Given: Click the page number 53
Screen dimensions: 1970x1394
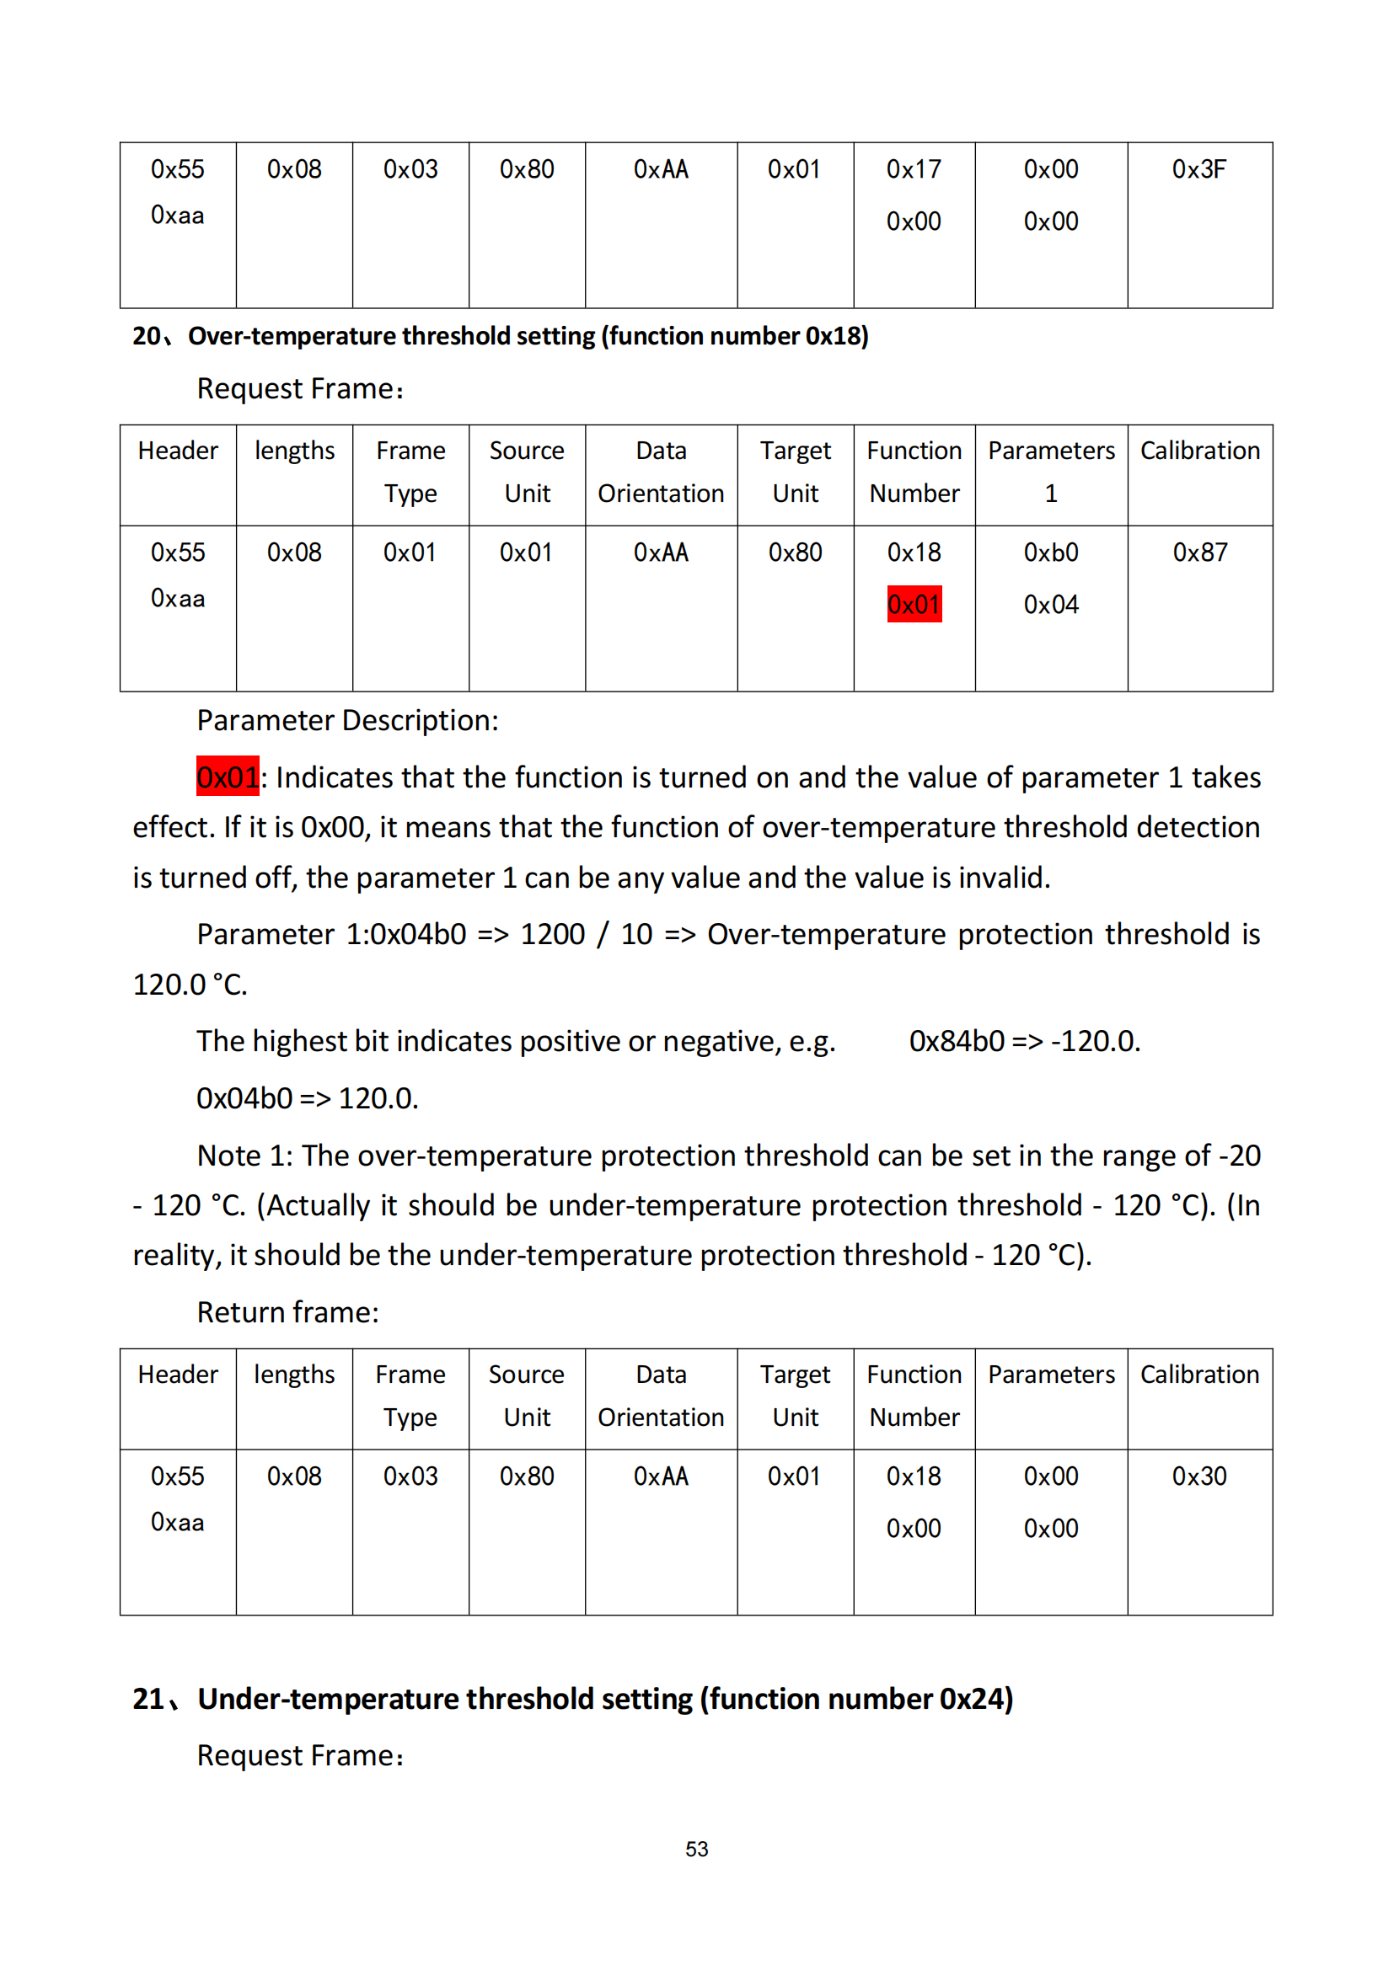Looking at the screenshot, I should point(696,1849).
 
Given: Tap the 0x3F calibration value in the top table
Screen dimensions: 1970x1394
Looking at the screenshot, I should point(1198,169).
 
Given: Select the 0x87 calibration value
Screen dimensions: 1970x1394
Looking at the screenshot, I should point(1199,552).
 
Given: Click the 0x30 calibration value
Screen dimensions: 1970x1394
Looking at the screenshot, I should point(1198,1476).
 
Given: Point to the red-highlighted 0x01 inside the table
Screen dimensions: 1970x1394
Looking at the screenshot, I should point(914,604).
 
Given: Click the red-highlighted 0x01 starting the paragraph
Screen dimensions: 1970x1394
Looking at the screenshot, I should point(227,777).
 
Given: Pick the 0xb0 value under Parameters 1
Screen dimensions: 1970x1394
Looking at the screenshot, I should point(1050,552).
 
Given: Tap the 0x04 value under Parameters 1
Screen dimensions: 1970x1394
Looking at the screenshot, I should point(1050,604).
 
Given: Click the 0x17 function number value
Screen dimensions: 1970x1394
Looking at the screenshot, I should point(914,169).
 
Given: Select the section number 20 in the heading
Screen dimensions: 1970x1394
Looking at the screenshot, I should point(147,335).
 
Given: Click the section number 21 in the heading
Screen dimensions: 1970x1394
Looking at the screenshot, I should point(148,1699).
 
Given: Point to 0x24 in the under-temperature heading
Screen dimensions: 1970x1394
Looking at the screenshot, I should point(972,1699).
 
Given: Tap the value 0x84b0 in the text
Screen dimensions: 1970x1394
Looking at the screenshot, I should point(956,1041).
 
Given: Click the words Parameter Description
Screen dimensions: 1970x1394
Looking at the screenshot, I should point(346,720).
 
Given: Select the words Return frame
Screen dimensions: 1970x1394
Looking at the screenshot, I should point(287,1312).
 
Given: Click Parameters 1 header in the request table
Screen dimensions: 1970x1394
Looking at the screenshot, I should point(1050,471).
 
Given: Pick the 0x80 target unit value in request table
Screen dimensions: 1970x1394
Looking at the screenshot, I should point(794,552).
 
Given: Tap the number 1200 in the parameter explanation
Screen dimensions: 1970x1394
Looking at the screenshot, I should point(552,933).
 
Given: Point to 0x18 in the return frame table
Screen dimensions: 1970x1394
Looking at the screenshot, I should point(914,1476).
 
